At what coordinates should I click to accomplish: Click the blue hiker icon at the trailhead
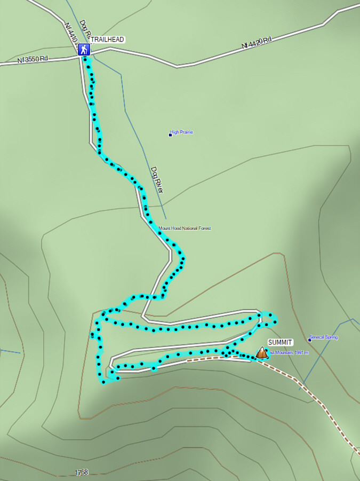click(84, 50)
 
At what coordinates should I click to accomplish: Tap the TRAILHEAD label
click(107, 40)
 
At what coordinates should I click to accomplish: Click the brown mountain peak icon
click(261, 352)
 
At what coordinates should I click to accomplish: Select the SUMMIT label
click(280, 342)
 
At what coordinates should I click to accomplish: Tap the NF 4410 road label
click(70, 33)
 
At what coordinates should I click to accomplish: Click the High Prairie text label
click(181, 132)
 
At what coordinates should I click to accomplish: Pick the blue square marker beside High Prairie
click(170, 135)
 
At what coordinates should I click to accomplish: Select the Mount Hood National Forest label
click(185, 228)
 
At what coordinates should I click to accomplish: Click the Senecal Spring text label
click(324, 337)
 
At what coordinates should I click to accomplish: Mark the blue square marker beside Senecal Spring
click(309, 340)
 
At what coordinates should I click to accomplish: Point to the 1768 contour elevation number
click(82, 472)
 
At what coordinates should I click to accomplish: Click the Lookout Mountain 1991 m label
click(288, 353)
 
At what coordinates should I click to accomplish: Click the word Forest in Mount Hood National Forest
click(204, 228)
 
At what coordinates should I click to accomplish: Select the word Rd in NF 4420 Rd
click(267, 40)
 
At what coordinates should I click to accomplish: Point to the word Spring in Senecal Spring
click(331, 337)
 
